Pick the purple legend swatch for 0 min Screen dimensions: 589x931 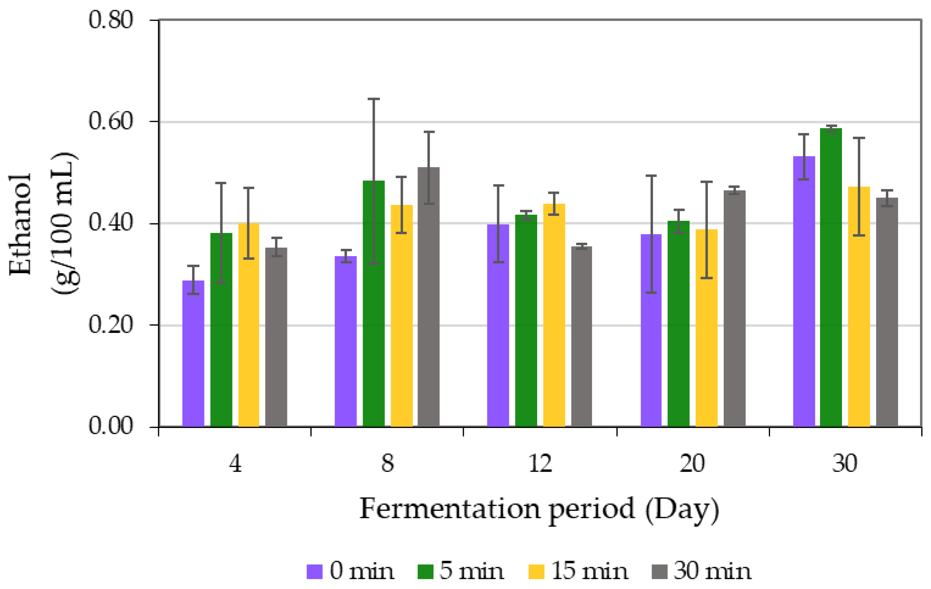pyautogui.click(x=314, y=572)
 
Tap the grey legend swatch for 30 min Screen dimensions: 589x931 pyautogui.click(x=659, y=572)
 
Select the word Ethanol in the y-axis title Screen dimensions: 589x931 pyautogui.click(x=20, y=224)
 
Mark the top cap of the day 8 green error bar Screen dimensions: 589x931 pyautogui.click(x=374, y=99)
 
